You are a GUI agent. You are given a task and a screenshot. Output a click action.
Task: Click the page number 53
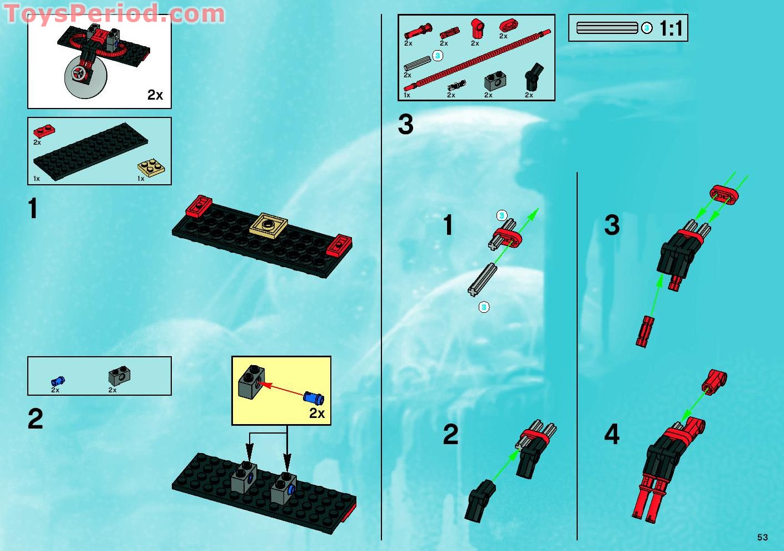pyautogui.click(x=762, y=537)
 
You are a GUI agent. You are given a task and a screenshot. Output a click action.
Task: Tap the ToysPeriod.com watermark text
pyautogui.click(x=114, y=13)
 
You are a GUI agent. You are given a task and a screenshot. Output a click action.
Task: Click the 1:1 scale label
pyautogui.click(x=671, y=28)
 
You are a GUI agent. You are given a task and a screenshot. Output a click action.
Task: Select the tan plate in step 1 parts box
pyautogui.click(x=151, y=167)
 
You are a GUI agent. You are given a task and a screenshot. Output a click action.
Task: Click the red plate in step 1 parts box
pyautogui.click(x=44, y=131)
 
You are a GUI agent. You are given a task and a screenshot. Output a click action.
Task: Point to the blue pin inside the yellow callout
pyautogui.click(x=314, y=397)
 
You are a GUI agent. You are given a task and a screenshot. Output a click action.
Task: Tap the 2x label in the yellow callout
pyautogui.click(x=317, y=413)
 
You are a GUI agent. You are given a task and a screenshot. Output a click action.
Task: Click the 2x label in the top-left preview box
pyautogui.click(x=155, y=95)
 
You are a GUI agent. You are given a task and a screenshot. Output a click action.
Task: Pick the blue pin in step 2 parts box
pyautogui.click(x=58, y=381)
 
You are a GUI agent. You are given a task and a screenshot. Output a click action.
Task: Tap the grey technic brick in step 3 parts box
pyautogui.click(x=494, y=82)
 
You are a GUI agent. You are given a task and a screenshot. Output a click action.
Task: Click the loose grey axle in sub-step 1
pyautogui.click(x=482, y=279)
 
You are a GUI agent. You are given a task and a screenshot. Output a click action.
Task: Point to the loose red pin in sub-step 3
pyautogui.click(x=643, y=331)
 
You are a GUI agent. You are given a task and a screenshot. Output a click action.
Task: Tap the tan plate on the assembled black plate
pyautogui.click(x=269, y=225)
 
